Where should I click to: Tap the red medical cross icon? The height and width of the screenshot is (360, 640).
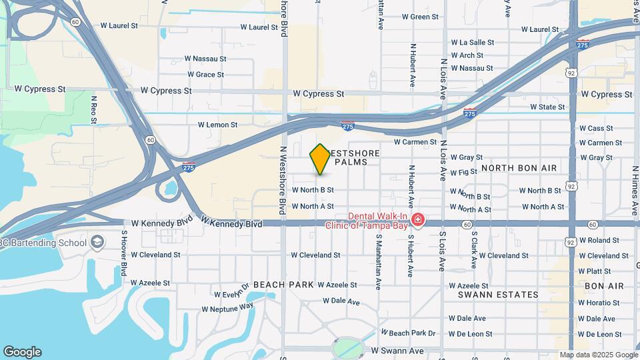[x=418, y=220]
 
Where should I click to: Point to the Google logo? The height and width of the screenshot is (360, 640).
[x=22, y=352]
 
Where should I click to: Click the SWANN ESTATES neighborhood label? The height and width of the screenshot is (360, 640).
[x=498, y=294]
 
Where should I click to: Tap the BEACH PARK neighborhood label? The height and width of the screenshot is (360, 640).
[x=283, y=285]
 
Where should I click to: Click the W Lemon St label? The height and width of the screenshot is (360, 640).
[x=217, y=125]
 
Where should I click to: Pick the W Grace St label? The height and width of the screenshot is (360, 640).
[x=205, y=75]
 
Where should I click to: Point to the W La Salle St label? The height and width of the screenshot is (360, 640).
[x=473, y=42]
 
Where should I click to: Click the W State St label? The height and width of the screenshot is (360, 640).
[x=547, y=107]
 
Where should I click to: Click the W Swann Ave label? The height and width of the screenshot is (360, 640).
[x=397, y=350]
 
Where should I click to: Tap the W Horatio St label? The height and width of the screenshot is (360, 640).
[x=599, y=303]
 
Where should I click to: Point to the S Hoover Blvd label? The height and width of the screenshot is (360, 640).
[x=124, y=253]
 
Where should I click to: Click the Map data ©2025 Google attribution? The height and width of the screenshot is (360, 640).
[x=598, y=355]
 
